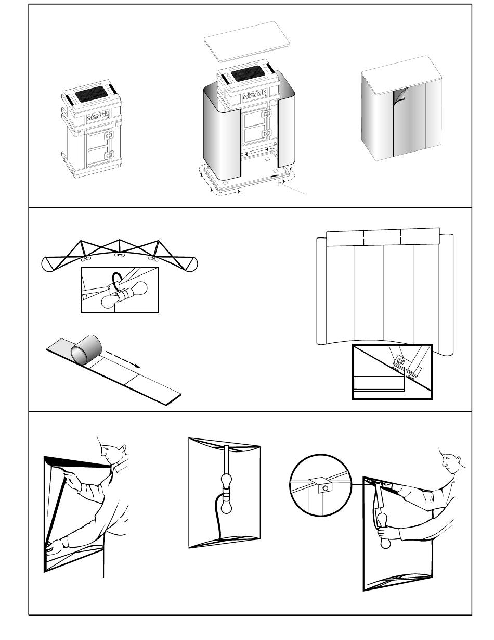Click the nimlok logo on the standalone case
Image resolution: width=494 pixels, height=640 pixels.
(x=97, y=118)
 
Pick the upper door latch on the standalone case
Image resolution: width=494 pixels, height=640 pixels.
(x=108, y=135)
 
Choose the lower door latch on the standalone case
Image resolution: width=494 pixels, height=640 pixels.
(x=108, y=155)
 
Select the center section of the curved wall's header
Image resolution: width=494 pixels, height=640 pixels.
(x=382, y=237)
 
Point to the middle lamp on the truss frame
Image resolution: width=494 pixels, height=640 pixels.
(x=119, y=255)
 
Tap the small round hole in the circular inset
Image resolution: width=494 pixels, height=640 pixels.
(x=325, y=487)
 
